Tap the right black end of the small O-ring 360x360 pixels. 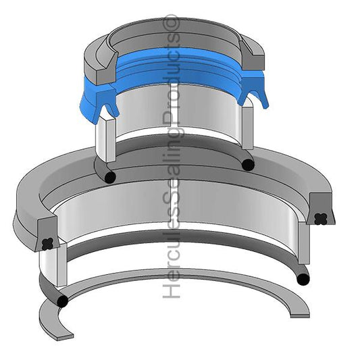tap(248, 164)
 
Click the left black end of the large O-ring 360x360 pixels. tap(63, 301)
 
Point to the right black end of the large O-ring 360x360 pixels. tap(303, 278)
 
